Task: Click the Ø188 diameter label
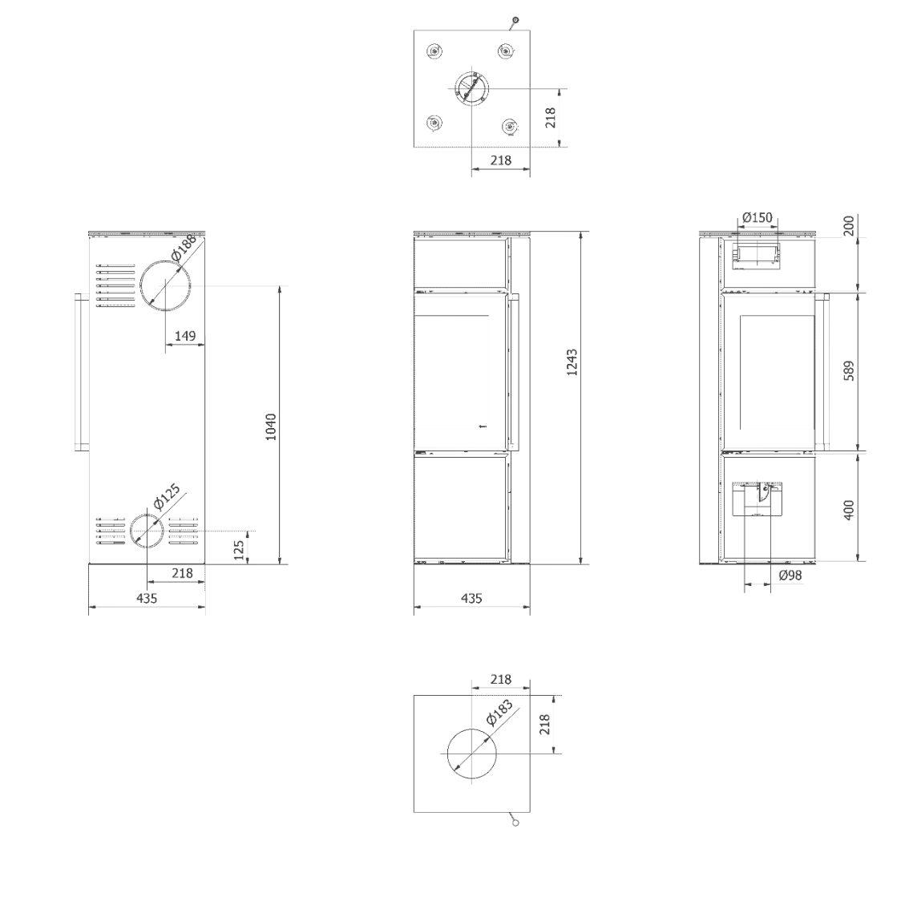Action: tap(184, 248)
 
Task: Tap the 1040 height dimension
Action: tap(271, 427)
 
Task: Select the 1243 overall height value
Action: tap(572, 362)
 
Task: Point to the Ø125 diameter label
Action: tap(168, 497)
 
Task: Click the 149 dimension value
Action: tap(185, 335)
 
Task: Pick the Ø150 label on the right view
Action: tap(758, 218)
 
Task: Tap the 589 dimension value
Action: tap(849, 370)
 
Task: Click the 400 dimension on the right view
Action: tap(849, 510)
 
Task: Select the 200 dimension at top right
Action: tap(849, 225)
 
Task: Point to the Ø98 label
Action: tap(790, 576)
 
